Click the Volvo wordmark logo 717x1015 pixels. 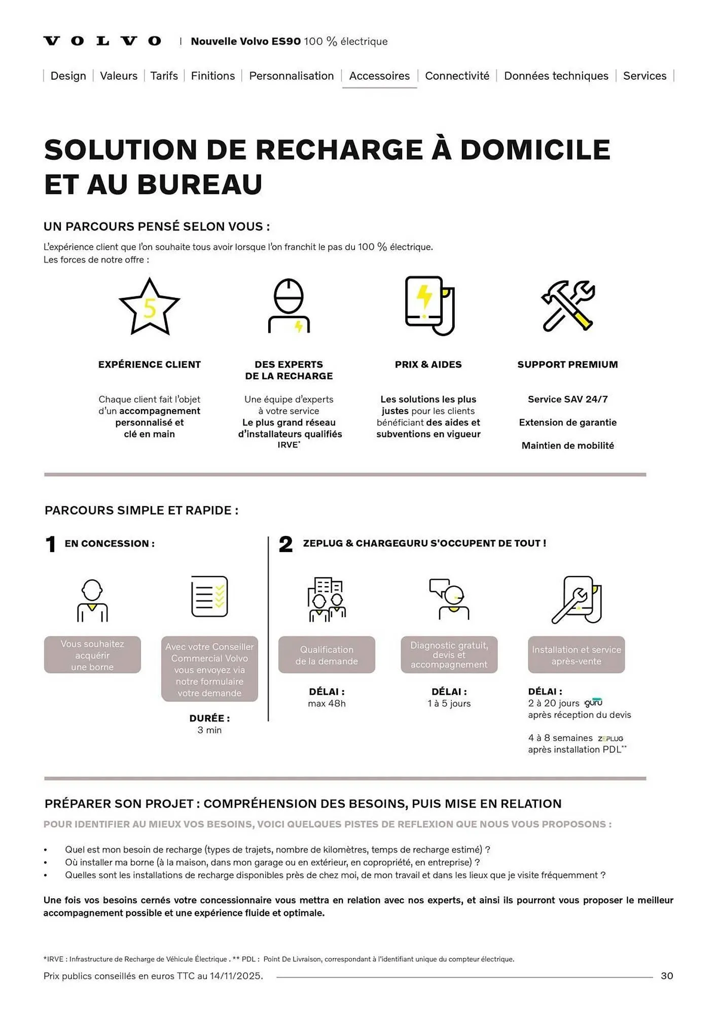102,41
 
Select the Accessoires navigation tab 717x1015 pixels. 379,76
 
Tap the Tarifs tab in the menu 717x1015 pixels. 164,76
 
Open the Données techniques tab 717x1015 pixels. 556,76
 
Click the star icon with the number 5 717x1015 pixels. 149,307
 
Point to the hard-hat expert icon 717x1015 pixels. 289,306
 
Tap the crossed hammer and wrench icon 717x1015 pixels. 567,306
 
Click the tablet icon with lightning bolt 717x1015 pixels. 429,306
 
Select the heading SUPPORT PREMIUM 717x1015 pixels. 567,364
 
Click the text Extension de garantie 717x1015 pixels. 567,422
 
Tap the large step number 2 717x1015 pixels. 285,545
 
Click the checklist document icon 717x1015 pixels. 209,596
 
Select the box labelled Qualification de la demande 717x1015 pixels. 327,655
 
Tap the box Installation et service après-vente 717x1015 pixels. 576,655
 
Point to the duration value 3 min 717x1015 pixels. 209,730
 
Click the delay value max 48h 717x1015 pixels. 327,703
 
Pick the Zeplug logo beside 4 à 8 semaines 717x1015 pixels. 611,739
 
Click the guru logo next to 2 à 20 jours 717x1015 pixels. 593,703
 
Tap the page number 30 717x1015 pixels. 667,976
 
